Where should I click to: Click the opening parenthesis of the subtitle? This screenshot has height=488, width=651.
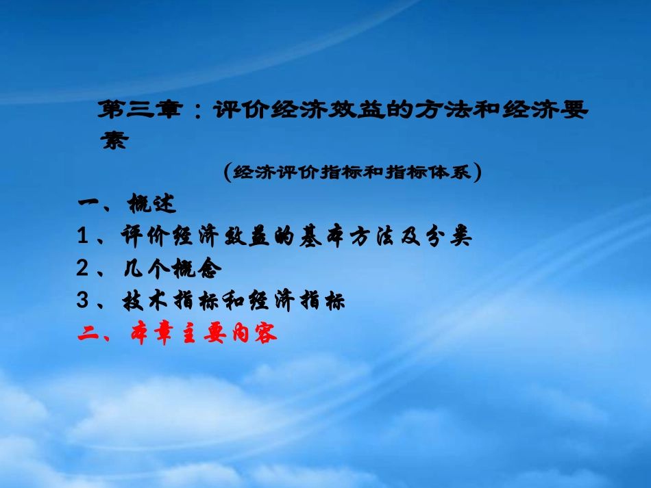tap(228, 172)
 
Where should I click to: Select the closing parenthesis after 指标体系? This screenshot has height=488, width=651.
tap(478, 172)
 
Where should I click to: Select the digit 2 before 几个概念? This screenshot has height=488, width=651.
tap(83, 269)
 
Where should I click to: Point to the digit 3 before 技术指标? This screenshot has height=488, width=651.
tap(83, 301)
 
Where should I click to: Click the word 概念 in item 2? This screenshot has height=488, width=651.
tap(199, 269)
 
